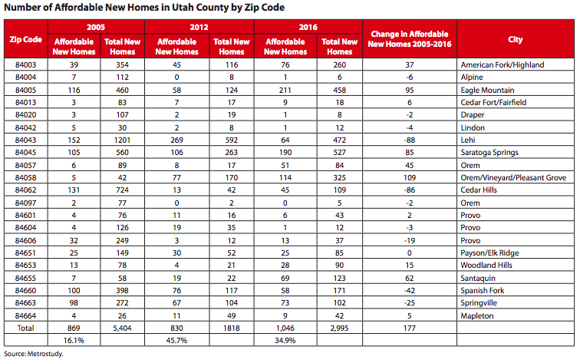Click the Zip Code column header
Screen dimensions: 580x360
coord(25,39)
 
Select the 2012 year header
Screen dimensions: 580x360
coord(199,27)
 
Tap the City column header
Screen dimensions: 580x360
coord(516,39)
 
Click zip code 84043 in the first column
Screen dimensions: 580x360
coord(25,140)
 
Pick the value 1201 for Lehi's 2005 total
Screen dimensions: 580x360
coord(122,140)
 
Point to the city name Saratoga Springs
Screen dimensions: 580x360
coord(489,153)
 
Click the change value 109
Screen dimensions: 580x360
coord(410,177)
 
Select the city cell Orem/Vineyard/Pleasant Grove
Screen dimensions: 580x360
coord(513,177)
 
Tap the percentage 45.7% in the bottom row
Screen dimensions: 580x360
coord(176,340)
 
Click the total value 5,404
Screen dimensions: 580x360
coord(122,329)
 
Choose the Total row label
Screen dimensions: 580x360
coord(25,329)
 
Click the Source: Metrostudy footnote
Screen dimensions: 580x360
coord(34,354)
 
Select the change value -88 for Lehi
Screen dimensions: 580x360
coord(410,140)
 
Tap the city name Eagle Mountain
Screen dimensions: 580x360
coord(487,91)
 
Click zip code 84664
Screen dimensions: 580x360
coord(25,315)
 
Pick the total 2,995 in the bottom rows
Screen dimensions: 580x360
coord(339,329)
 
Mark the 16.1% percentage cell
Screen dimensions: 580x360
coord(74,340)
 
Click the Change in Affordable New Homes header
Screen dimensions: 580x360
coord(410,39)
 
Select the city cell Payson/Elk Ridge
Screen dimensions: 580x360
coord(489,253)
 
